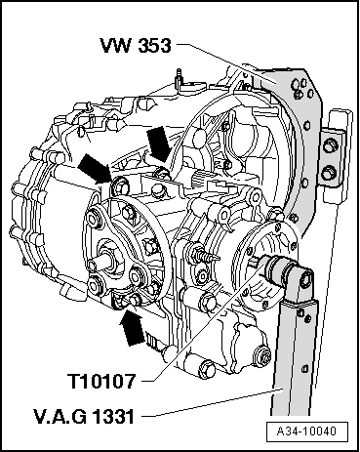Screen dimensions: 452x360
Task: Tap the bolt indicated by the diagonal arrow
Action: point(119,186)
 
